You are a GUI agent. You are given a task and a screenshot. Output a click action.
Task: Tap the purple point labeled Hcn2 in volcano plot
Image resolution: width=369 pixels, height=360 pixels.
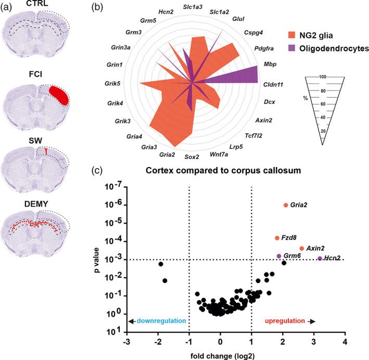click(x=320, y=259)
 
